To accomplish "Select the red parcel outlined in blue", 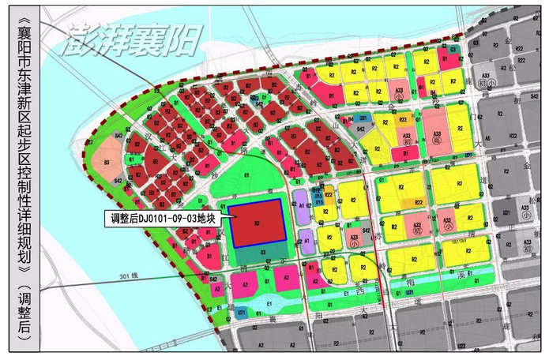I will pos(257,223).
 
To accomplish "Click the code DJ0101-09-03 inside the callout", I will pos(176,216).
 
